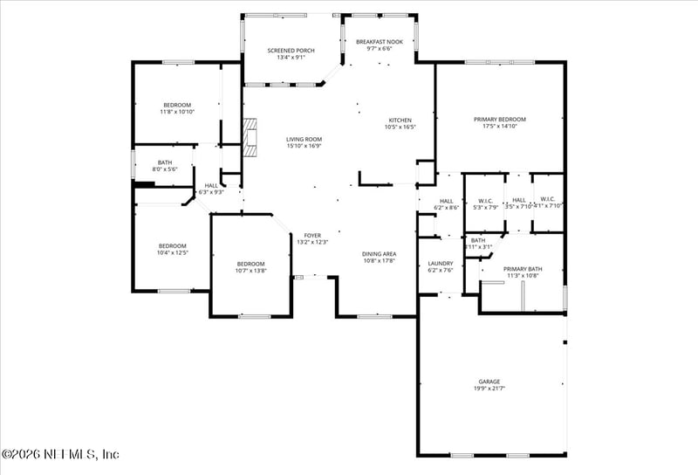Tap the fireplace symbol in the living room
pos(251,138)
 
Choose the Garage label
pos(489,382)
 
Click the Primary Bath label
pos(523,272)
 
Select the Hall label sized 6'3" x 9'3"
pos(211,188)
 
